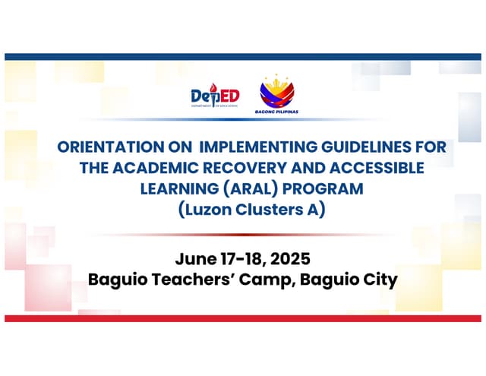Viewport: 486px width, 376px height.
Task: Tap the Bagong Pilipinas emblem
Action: point(276,90)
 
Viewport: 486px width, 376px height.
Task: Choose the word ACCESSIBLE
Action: point(367,167)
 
